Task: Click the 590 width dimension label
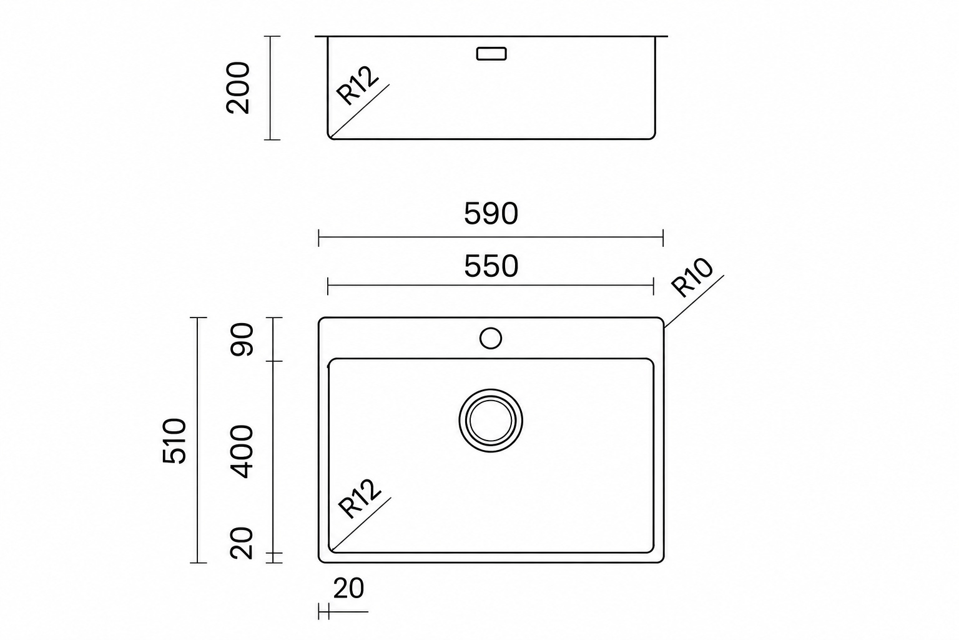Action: (x=491, y=214)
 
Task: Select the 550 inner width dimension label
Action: (x=491, y=266)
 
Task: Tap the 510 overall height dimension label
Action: (x=175, y=441)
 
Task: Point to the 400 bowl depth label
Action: (x=242, y=451)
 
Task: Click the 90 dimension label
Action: (x=242, y=339)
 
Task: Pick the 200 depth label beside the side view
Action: (x=238, y=88)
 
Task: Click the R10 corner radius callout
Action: (x=691, y=277)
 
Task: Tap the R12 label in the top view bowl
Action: (x=359, y=499)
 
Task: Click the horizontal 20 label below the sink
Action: (x=348, y=589)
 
